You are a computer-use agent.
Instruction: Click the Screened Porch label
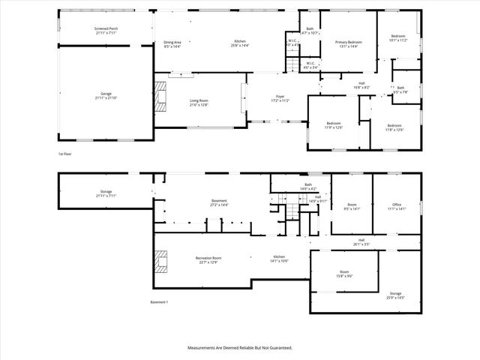pos(106,31)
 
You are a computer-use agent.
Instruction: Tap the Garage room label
pos(106,96)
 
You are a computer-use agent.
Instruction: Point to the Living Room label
pos(199,102)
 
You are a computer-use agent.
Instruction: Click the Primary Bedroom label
pos(349,43)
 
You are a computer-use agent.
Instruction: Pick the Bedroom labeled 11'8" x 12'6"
pos(394,127)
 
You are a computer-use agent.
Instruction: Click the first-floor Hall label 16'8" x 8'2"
pos(361,85)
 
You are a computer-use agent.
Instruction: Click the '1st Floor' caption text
pos(65,154)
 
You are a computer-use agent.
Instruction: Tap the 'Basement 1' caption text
pos(160,302)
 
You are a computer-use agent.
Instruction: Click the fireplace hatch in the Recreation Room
pos(159,261)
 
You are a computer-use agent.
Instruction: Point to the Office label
pos(397,205)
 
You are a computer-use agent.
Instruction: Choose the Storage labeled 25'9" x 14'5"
pos(395,295)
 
